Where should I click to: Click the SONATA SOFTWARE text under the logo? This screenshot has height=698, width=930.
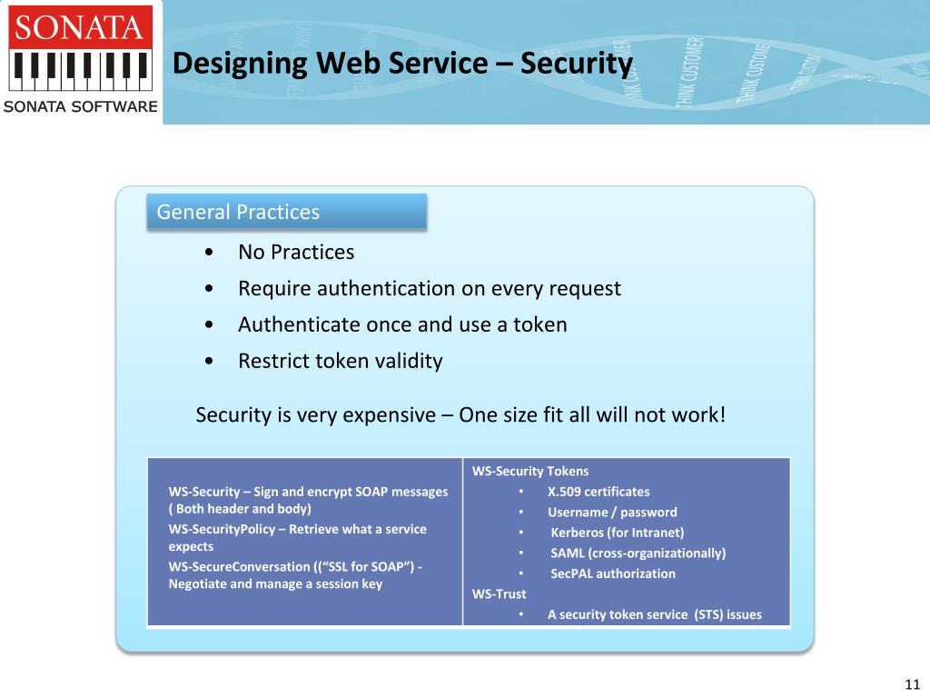81,107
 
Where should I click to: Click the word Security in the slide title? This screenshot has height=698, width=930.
577,64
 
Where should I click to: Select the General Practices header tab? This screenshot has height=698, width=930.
286,212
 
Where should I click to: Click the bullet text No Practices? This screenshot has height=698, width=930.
296,252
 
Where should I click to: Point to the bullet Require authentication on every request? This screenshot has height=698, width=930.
429,288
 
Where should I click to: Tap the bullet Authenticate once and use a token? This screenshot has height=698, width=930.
402,324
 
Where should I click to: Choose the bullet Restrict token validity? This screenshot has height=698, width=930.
340,361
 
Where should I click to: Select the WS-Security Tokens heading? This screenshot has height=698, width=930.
530,471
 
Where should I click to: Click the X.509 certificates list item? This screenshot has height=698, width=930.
599,492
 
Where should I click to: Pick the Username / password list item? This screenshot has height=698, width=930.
612,512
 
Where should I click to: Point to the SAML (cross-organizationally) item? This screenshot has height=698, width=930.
638,553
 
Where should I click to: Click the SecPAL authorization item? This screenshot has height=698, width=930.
613,573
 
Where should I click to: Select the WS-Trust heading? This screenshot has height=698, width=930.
499,593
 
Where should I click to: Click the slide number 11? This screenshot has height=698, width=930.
913,684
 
